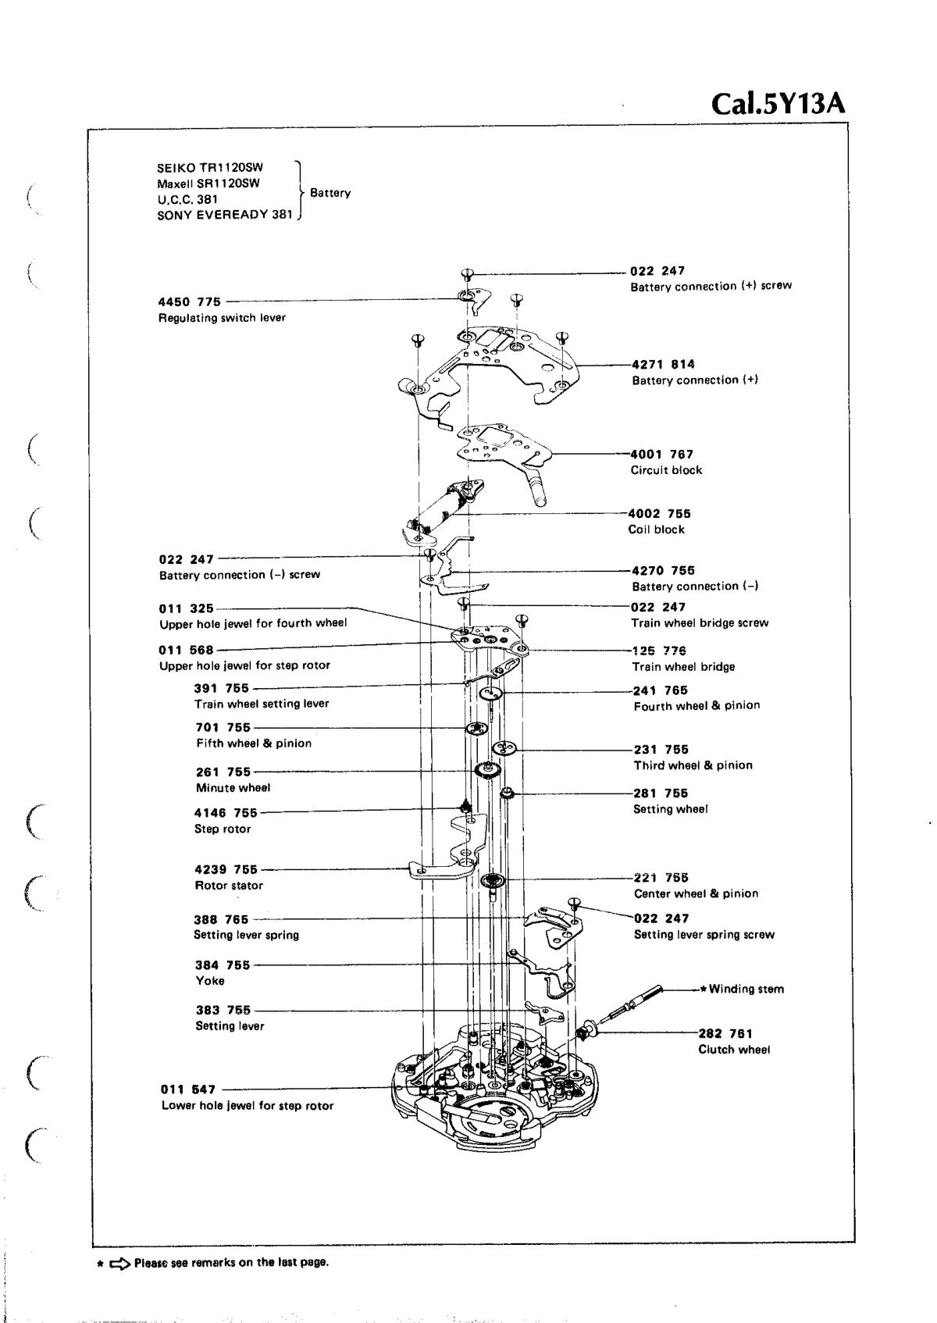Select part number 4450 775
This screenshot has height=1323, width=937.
tap(190, 301)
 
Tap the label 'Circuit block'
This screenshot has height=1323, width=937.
tap(666, 470)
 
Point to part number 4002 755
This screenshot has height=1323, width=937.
tap(659, 513)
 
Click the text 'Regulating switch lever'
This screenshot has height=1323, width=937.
tap(222, 318)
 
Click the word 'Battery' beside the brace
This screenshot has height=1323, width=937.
tap(330, 193)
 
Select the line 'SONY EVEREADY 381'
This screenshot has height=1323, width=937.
tap(224, 215)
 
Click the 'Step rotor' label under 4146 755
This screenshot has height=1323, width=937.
tap(223, 829)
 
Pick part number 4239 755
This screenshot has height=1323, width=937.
tap(226, 869)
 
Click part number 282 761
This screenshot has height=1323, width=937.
tap(725, 1033)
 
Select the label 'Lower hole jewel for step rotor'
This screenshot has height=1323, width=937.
tap(248, 1105)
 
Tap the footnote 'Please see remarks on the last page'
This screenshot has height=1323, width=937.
tap(231, 1262)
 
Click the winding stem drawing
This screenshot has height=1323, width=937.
tap(629, 1004)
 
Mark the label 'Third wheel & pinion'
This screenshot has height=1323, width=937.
tap(693, 765)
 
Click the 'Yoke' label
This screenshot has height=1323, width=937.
tap(210, 981)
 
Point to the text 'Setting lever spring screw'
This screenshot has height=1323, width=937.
tap(704, 935)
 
